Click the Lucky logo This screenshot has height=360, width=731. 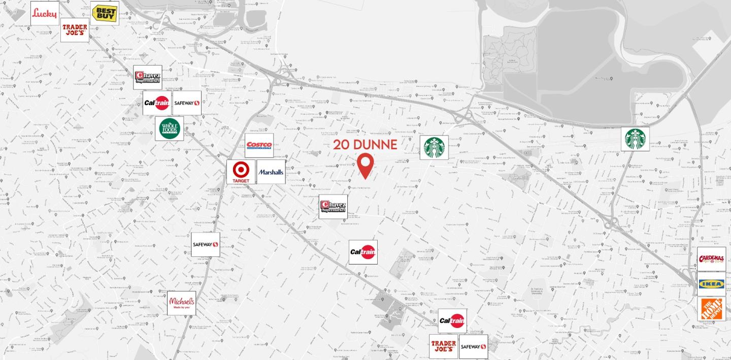tap(45, 13)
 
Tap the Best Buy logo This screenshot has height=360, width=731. tap(105, 13)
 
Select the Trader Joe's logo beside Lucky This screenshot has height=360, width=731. tap(75, 30)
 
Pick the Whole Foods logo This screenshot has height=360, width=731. tap(169, 128)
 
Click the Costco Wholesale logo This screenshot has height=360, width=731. tap(259, 146)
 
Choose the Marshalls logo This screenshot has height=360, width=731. tap(271, 172)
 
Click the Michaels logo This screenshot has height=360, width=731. tap(181, 303)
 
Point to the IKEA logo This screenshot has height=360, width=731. tap(711, 284)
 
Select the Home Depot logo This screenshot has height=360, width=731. tap(711, 309)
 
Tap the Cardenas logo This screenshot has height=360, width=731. tap(711, 259)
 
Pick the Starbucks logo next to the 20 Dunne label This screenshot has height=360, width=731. tap(434, 147)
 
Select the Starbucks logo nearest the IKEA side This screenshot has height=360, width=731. tap(635, 139)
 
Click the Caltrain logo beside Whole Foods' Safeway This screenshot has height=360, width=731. tap(156, 103)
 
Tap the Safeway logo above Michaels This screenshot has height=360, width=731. tap(205, 245)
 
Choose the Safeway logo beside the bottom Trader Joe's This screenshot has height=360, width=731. tap(473, 347)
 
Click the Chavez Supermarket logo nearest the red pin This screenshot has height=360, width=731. tap(333, 207)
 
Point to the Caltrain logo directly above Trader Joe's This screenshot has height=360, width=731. tap(452, 321)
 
